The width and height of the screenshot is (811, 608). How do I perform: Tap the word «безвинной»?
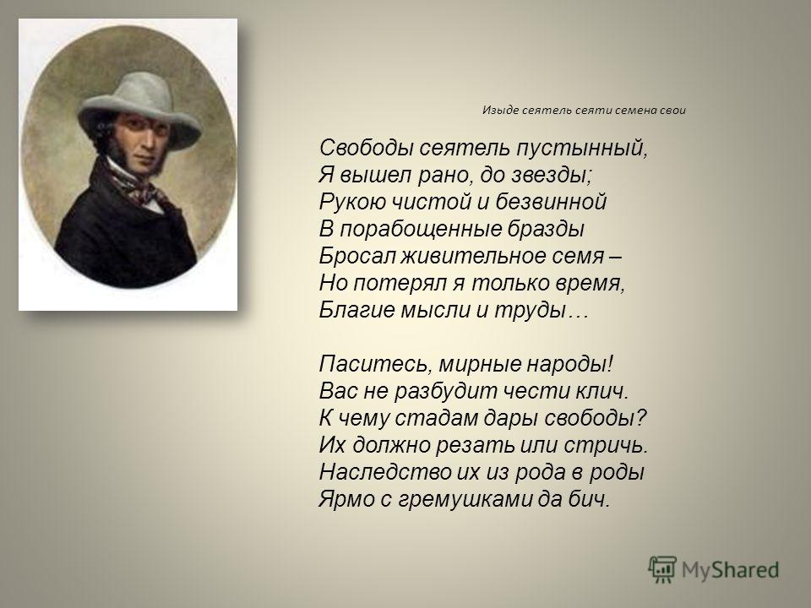551,202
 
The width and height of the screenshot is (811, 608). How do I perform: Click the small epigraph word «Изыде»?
499,110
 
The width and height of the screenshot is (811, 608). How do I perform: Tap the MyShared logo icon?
662,570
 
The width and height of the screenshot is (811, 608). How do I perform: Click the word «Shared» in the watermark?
746,570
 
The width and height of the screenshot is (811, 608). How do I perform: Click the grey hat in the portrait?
139,109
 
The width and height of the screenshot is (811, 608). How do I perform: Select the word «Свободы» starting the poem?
366,149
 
